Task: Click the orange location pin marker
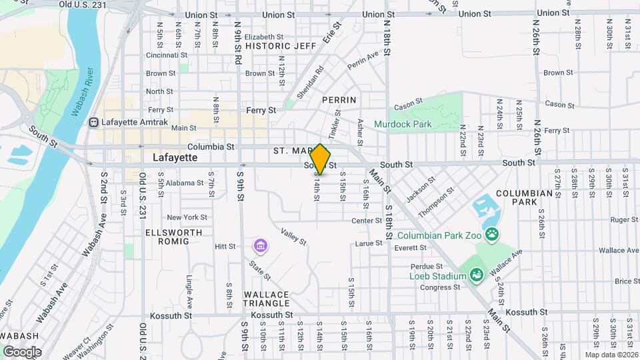(320, 159)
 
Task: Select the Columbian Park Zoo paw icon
(492, 234)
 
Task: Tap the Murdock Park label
(402, 124)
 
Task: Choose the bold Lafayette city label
(175, 158)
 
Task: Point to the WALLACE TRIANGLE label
(266, 299)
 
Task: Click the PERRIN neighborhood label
(339, 99)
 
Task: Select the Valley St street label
(293, 236)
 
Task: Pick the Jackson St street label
(421, 188)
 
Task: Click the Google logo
(21, 351)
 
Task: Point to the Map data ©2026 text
(611, 355)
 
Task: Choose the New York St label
(187, 217)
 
